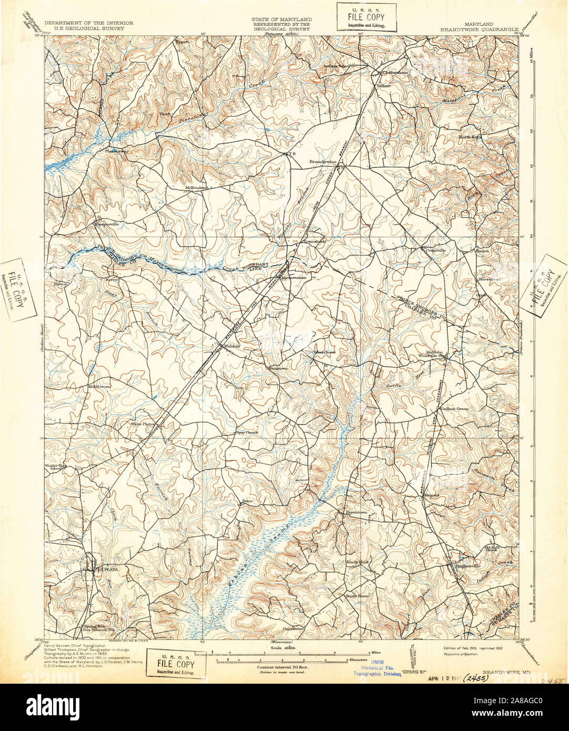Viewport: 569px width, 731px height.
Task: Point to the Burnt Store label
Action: (x=357, y=596)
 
